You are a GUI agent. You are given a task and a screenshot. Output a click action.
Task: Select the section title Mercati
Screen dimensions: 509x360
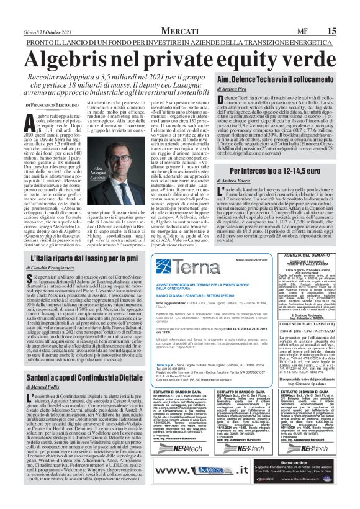180,14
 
